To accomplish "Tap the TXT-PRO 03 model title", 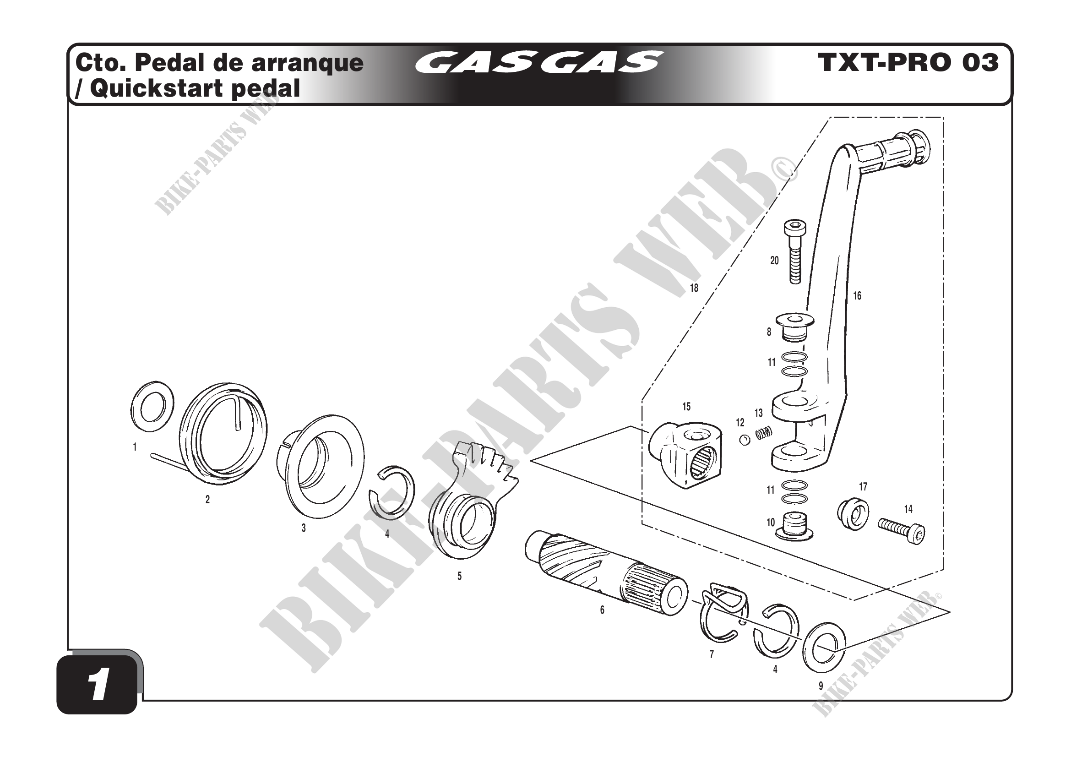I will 908,63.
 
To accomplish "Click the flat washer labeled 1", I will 151,406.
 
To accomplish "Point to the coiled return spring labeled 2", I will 224,440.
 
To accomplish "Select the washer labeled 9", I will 824,648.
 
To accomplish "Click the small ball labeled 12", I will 745,439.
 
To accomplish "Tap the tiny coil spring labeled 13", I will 764,433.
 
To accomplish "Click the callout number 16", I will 857,296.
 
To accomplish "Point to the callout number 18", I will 694,288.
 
